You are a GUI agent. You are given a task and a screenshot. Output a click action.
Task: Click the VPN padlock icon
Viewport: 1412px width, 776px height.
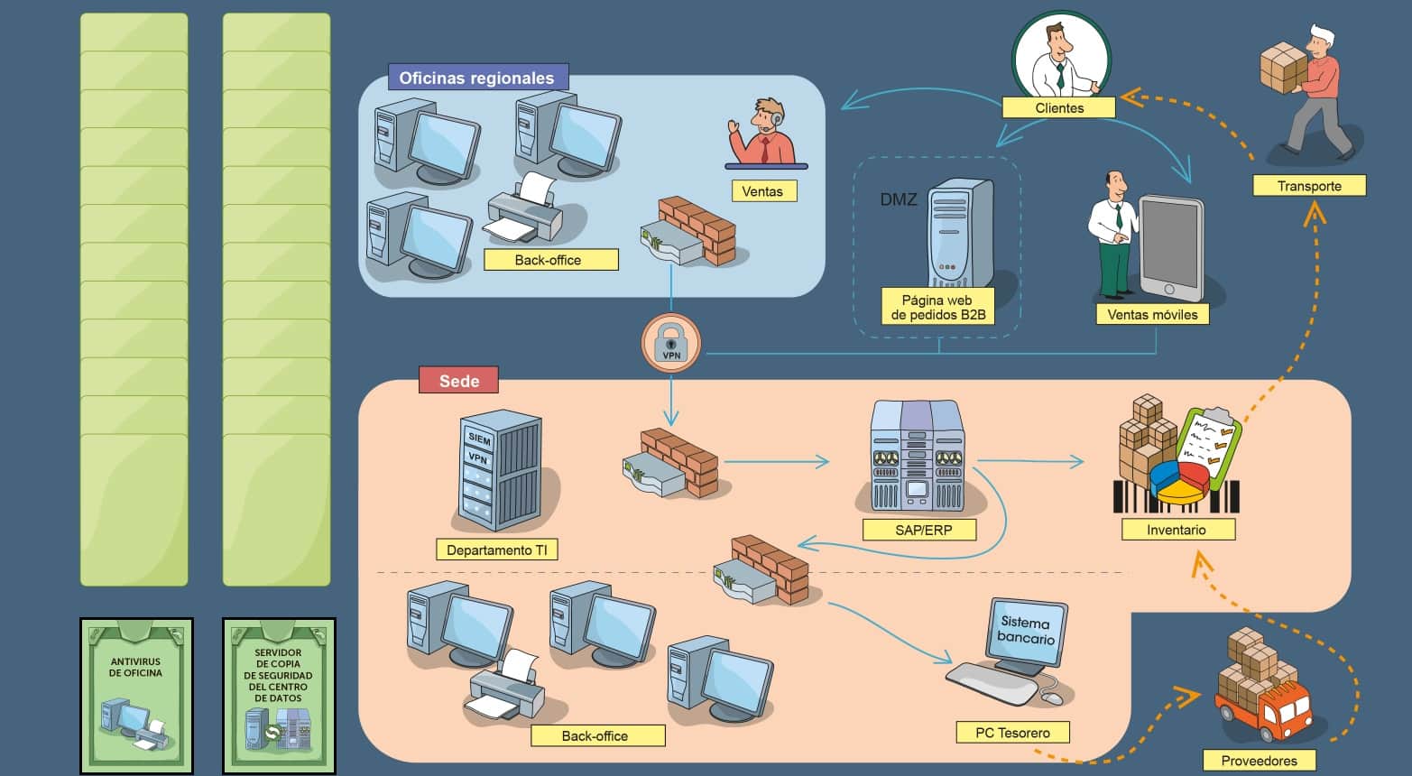pyautogui.click(x=670, y=344)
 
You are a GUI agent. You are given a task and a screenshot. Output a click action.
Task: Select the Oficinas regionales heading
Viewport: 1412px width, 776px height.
pyautogui.click(x=476, y=78)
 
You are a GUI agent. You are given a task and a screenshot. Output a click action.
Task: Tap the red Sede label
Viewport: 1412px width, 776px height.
pyautogui.click(x=458, y=381)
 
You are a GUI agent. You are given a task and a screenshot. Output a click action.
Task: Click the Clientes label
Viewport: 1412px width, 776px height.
pyautogui.click(x=1058, y=108)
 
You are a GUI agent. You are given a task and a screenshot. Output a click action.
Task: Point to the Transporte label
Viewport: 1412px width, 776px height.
pyautogui.click(x=1308, y=186)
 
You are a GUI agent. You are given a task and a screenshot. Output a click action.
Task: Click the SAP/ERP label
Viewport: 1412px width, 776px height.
pyautogui.click(x=923, y=530)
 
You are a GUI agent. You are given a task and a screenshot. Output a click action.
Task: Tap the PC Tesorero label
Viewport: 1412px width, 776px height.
pyautogui.click(x=1012, y=733)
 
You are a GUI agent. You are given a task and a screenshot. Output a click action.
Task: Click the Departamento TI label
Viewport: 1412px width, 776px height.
pyautogui.click(x=496, y=550)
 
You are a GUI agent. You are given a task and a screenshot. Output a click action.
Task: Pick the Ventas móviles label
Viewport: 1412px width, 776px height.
pyautogui.click(x=1152, y=315)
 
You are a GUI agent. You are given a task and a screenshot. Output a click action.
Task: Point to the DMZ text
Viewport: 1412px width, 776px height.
pyautogui.click(x=899, y=199)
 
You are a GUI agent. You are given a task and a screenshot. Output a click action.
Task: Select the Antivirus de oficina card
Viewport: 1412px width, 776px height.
pyautogui.click(x=136, y=695)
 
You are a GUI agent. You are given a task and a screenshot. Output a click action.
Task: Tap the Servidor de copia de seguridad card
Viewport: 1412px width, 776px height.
pyautogui.click(x=279, y=695)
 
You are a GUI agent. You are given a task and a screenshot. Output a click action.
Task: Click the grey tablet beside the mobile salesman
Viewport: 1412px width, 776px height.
pyautogui.click(x=1170, y=247)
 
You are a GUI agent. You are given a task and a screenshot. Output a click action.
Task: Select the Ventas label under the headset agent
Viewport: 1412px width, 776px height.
pyautogui.click(x=762, y=191)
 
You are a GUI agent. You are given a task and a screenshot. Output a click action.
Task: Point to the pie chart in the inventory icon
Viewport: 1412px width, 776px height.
pyautogui.click(x=1180, y=482)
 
